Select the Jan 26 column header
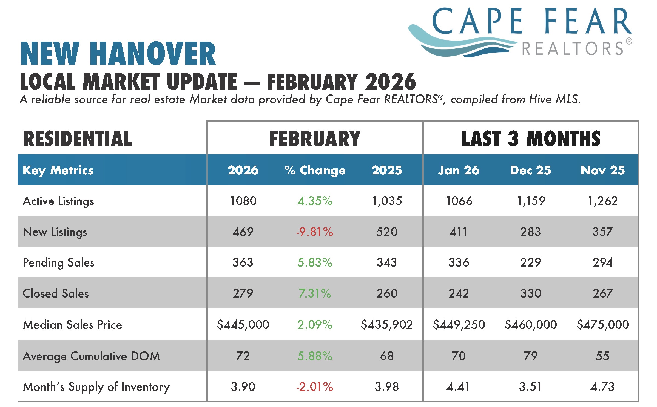pyautogui.click(x=459, y=170)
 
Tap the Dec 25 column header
pyautogui.click(x=531, y=170)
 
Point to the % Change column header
pyautogui.click(x=315, y=171)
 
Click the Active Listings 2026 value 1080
pyautogui.click(x=243, y=201)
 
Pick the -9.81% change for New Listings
pyautogui.click(x=315, y=232)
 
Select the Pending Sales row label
pyautogui.click(x=59, y=263)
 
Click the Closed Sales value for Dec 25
pyautogui.click(x=531, y=293)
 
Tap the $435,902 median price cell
pyautogui.click(x=387, y=325)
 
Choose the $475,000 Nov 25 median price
pyautogui.click(x=603, y=325)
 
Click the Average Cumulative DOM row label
pyautogui.click(x=91, y=356)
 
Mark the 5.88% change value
pyautogui.click(x=315, y=356)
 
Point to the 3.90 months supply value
pyautogui.click(x=243, y=387)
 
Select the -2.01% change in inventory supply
pyautogui.click(x=315, y=387)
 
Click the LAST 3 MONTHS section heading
pyautogui.click(x=531, y=138)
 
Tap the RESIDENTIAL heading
pyautogui.click(x=77, y=138)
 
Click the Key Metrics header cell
pyautogui.click(x=58, y=171)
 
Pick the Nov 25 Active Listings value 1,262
pyautogui.click(x=603, y=201)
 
